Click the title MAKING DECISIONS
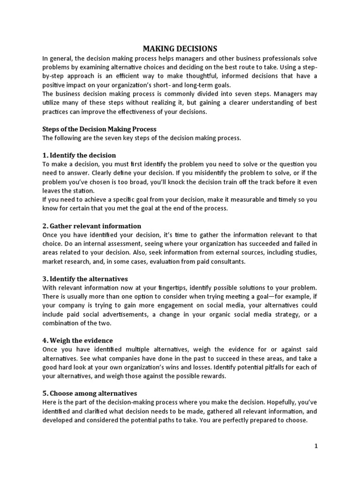click(180, 48)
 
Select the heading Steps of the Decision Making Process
click(99, 129)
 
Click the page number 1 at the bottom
click(316, 446)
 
